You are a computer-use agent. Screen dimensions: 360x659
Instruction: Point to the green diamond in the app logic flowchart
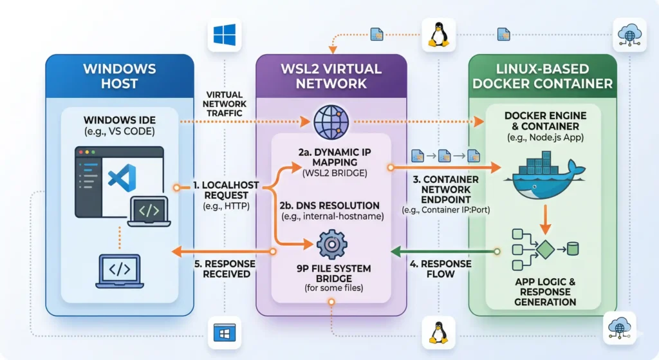click(546, 247)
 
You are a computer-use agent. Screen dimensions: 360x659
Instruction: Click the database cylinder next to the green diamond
click(573, 247)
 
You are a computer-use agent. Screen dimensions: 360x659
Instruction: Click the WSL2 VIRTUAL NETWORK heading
click(331, 75)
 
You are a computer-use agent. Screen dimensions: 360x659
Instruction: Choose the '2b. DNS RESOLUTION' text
click(329, 205)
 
